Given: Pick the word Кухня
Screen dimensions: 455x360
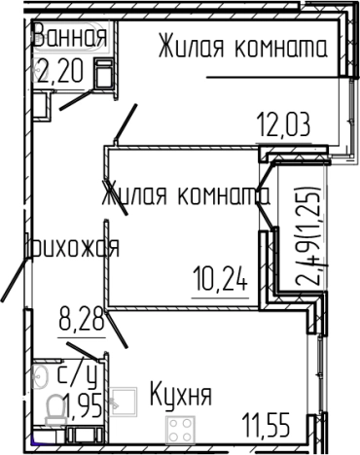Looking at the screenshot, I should coord(180,396).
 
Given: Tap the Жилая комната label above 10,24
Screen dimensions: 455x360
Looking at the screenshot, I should coord(185,194).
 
